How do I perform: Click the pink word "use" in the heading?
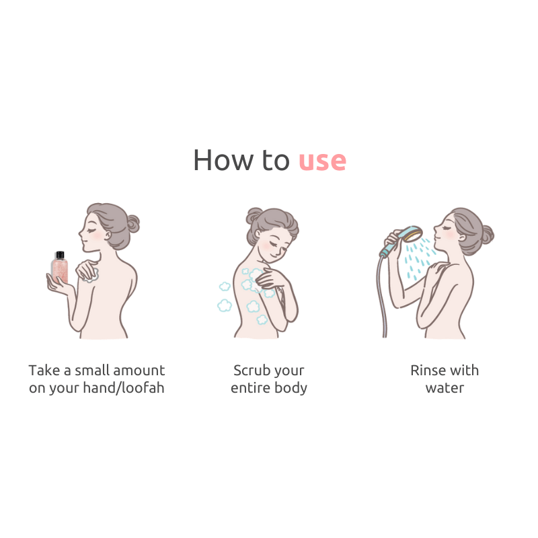[322, 161]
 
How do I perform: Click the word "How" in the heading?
[225, 160]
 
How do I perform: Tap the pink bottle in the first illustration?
[60, 267]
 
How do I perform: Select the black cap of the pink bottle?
[60, 255]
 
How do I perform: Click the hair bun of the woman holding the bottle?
[133, 224]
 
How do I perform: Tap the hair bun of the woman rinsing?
[487, 235]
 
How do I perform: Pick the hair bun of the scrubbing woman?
[254, 215]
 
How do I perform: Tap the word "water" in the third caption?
[445, 388]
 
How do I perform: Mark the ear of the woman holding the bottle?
[108, 235]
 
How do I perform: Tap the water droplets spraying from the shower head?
[419, 259]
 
